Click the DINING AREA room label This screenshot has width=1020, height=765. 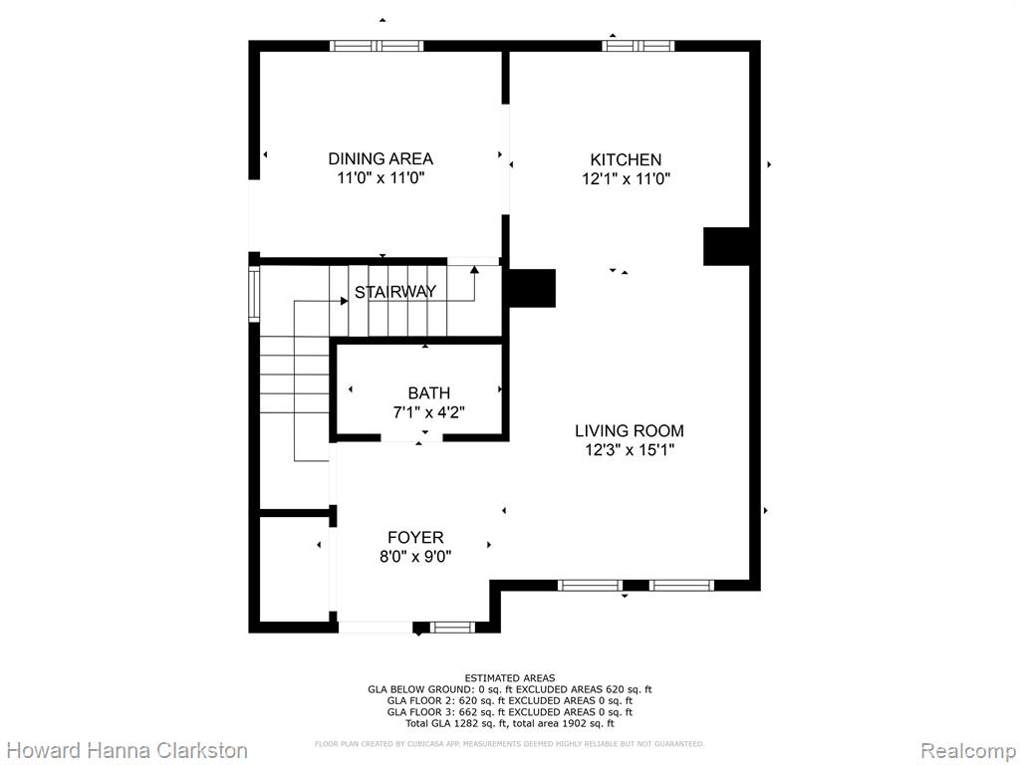[381, 158]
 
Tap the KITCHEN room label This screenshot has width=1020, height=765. [626, 159]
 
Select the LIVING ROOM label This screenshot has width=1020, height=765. [630, 430]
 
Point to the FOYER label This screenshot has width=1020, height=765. [415, 537]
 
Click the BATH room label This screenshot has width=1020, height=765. [428, 392]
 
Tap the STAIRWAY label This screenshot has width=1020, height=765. [395, 292]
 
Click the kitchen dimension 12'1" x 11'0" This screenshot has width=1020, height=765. [626, 179]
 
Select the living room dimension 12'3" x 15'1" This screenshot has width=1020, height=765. [630, 449]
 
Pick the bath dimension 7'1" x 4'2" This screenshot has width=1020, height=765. [428, 411]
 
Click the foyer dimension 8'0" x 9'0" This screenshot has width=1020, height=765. [415, 556]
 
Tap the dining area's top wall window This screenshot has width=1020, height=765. [377, 46]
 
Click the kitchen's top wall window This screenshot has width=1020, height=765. [638, 46]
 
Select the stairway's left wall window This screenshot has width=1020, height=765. [254, 294]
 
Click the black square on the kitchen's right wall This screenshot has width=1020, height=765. [726, 247]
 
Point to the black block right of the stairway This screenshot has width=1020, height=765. [532, 288]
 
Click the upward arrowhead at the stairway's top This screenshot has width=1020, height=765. [474, 269]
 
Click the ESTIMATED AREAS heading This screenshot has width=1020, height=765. [510, 678]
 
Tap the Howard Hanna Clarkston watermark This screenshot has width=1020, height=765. [127, 750]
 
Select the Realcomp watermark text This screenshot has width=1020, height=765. [968, 750]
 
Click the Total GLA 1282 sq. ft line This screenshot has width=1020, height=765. [510, 723]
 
